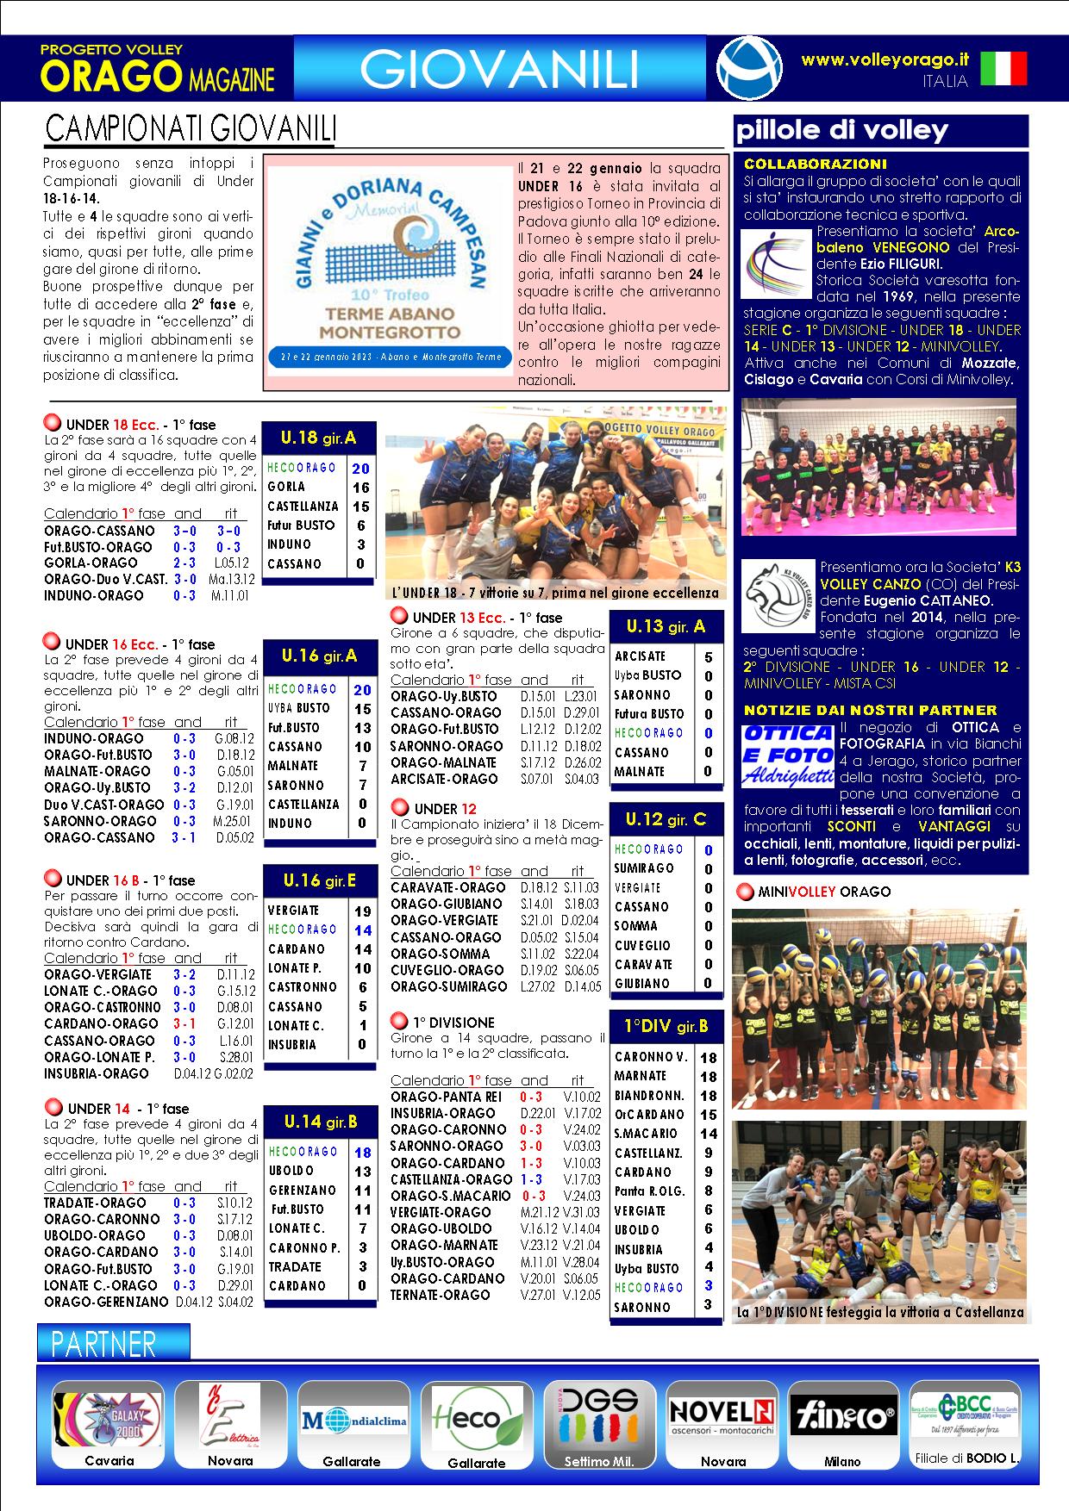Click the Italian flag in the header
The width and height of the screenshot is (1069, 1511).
pyautogui.click(x=1004, y=68)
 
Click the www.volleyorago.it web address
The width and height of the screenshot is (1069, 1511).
pyautogui.click(x=885, y=59)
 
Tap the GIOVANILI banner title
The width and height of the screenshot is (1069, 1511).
pyautogui.click(x=499, y=69)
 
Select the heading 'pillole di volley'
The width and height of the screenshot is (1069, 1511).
pyautogui.click(x=841, y=131)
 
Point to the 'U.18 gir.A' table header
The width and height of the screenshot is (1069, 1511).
pyautogui.click(x=318, y=438)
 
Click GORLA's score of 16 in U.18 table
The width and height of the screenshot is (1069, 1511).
pyautogui.click(x=360, y=488)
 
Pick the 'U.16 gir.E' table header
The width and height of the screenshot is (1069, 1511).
pyautogui.click(x=319, y=880)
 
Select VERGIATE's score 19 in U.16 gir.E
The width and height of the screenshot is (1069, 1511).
pyautogui.click(x=363, y=911)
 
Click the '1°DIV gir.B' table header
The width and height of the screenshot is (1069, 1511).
pyautogui.click(x=666, y=1025)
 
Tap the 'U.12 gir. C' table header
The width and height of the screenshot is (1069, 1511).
pyautogui.click(x=666, y=818)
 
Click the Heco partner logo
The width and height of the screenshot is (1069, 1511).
pyautogui.click(x=477, y=1418)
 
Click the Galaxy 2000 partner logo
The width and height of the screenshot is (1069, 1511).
pyautogui.click(x=107, y=1417)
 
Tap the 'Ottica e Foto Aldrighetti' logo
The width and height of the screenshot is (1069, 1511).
pyautogui.click(x=786, y=755)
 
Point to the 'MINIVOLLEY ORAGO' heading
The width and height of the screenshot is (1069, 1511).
pyautogui.click(x=824, y=892)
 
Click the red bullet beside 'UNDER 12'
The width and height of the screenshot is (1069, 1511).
pyautogui.click(x=400, y=807)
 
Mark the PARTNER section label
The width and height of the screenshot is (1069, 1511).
pyautogui.click(x=104, y=1343)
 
